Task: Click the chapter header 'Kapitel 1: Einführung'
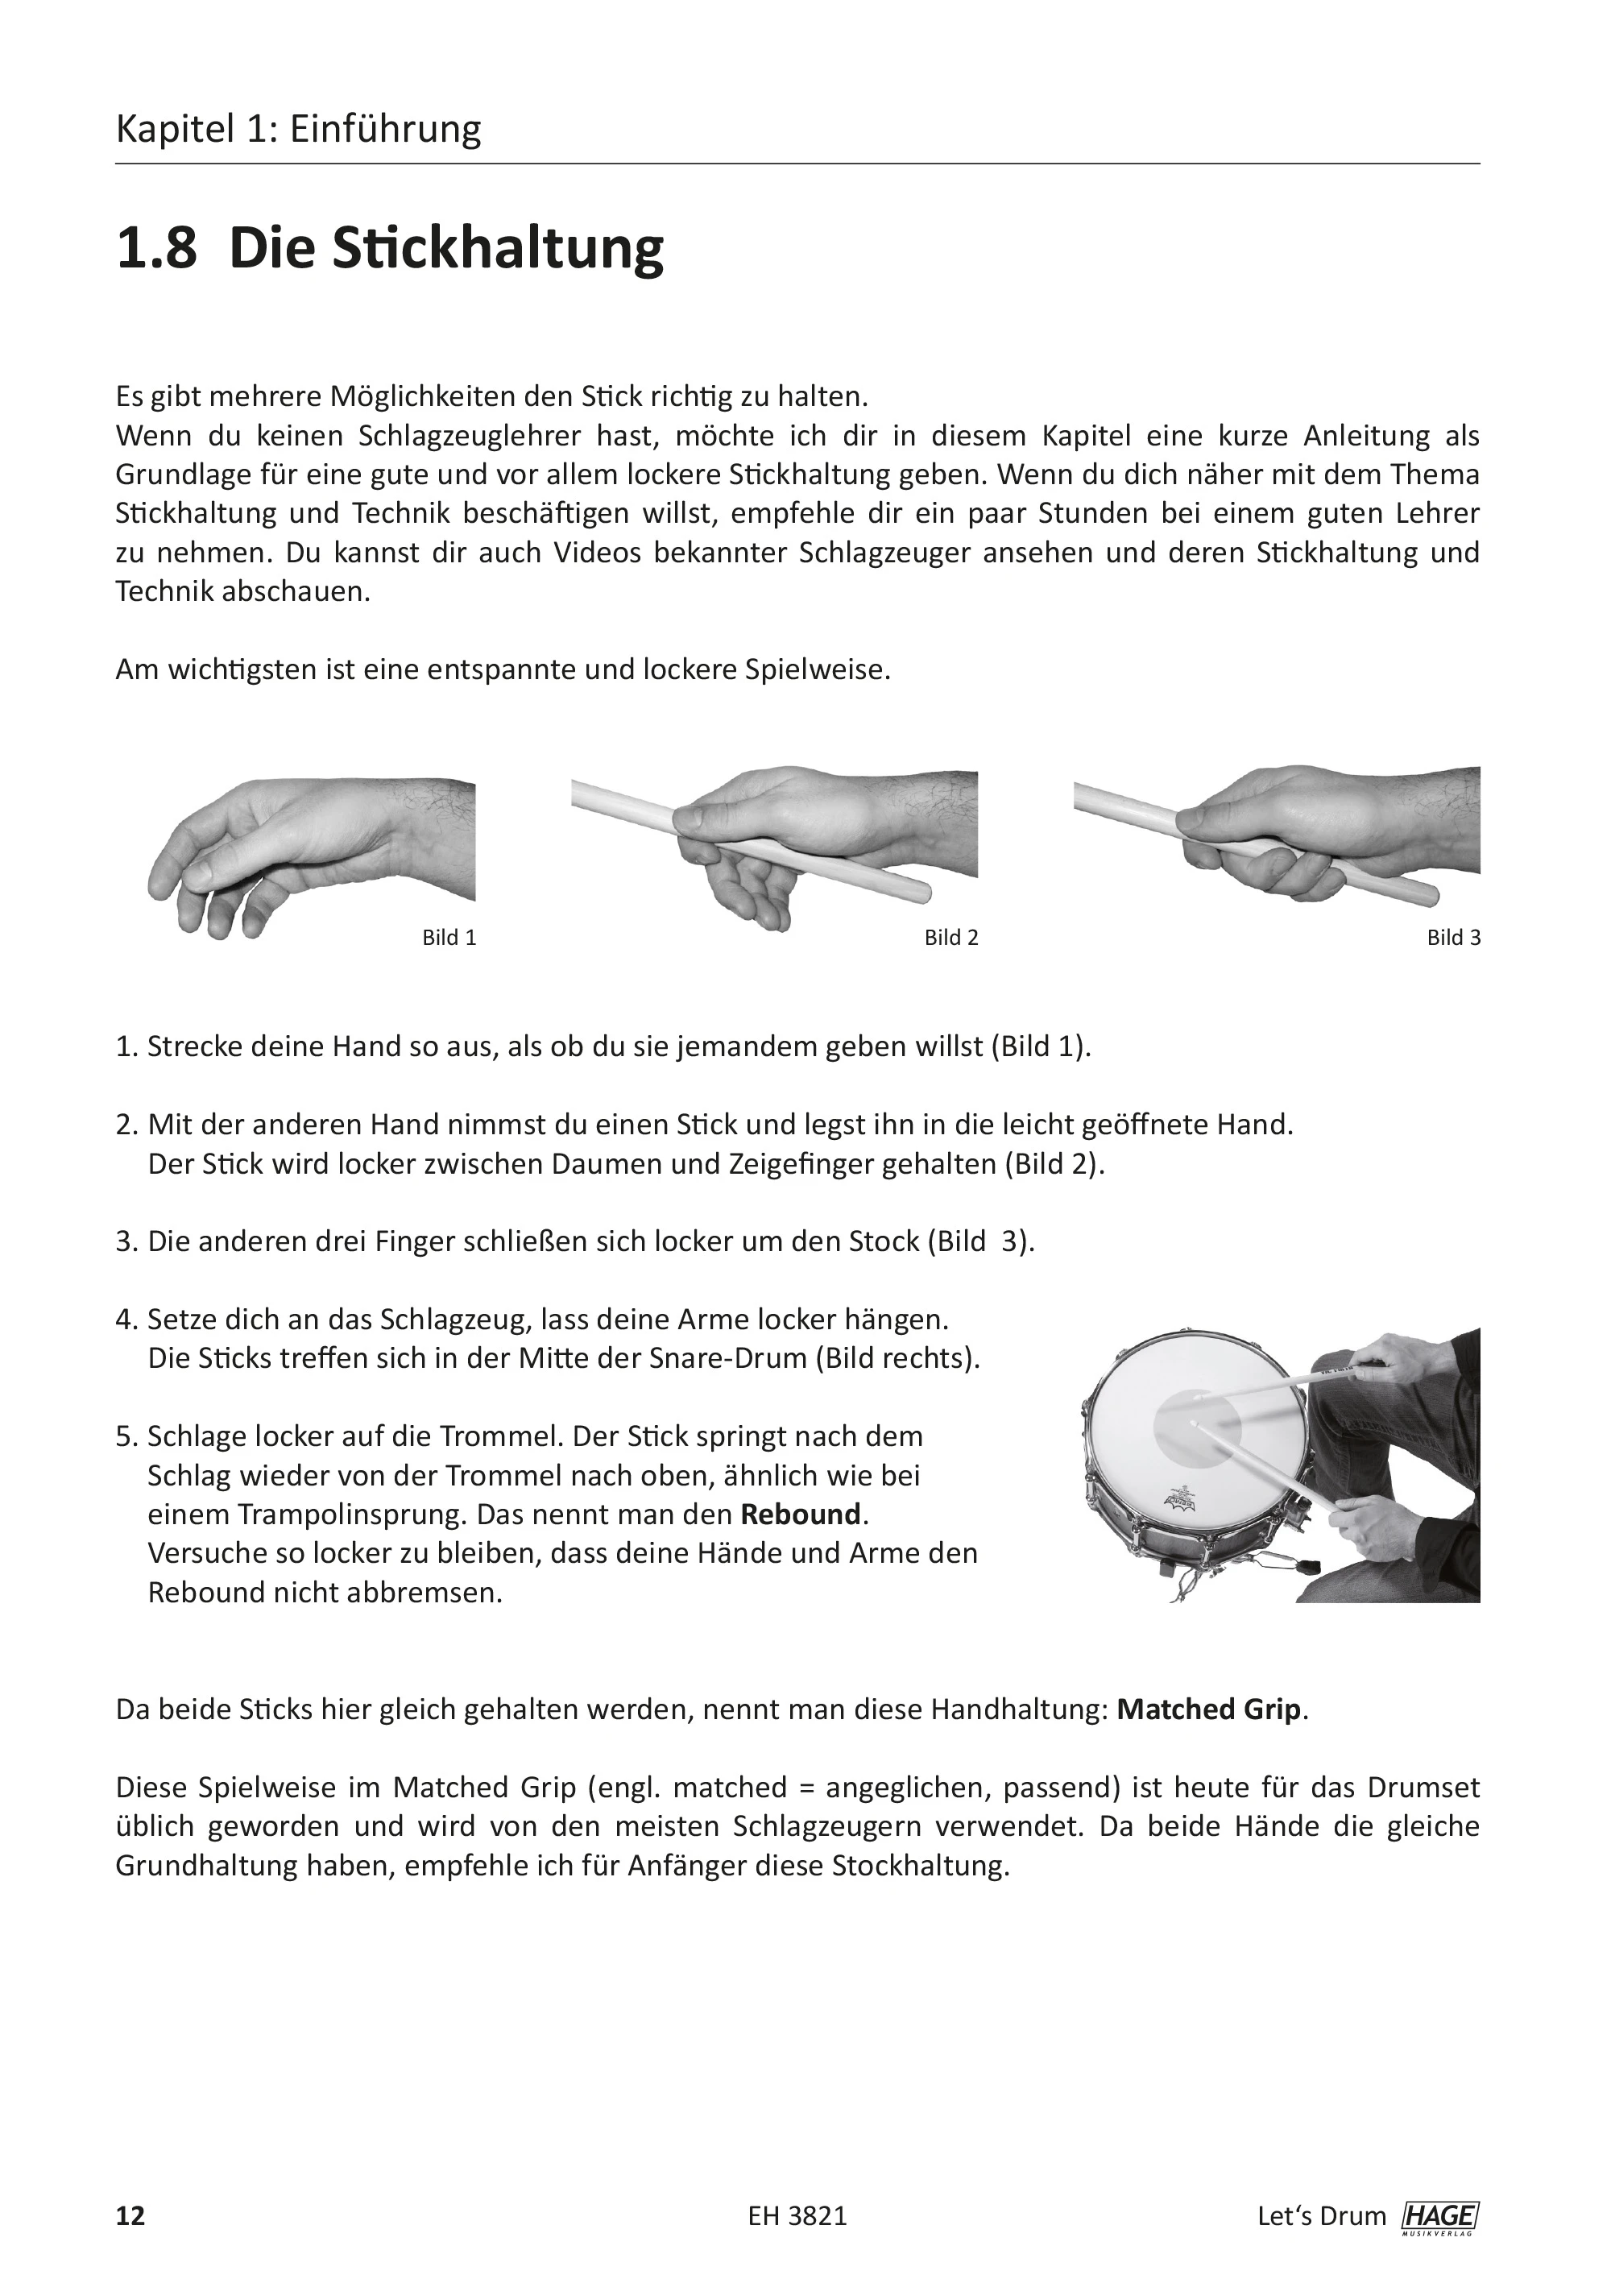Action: pos(298,129)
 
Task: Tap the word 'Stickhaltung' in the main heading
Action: pos(496,248)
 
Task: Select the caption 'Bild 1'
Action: pos(449,938)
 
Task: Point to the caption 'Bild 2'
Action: pos(951,938)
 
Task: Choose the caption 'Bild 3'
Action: pos(1453,938)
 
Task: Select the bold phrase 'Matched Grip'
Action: pos(1208,1709)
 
